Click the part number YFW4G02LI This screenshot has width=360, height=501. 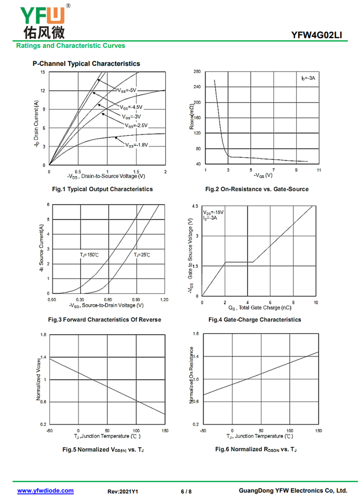point(316,35)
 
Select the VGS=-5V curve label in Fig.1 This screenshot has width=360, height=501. point(127,90)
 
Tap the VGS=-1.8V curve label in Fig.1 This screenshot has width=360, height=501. point(137,145)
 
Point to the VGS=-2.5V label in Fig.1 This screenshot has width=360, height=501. point(136,126)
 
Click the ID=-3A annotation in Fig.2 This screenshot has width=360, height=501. point(308,78)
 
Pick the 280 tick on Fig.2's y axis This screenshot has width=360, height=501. point(197,71)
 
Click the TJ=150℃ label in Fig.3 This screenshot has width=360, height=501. point(89,255)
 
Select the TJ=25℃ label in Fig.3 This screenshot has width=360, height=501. point(142,255)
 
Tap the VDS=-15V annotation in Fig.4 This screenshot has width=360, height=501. point(213,212)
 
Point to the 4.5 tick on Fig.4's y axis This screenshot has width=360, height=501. point(195,206)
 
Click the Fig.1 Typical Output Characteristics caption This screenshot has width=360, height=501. point(102,189)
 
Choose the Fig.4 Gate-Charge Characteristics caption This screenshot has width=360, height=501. point(255,320)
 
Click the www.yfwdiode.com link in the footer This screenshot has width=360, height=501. point(45,491)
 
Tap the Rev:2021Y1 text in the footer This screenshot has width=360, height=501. point(123,492)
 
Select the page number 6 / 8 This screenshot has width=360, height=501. point(186,492)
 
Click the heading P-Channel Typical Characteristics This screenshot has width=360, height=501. point(86,63)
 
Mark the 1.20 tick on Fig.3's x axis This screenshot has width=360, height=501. point(164,300)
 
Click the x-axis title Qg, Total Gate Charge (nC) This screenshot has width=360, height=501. point(260,308)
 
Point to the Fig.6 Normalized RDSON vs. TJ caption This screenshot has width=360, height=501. point(256,449)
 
